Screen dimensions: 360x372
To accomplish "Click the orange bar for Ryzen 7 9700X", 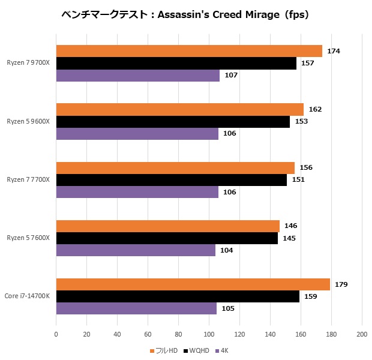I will (189, 51).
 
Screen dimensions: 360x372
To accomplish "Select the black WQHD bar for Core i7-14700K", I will (178, 296).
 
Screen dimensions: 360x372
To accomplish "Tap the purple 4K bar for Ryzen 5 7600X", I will (136, 250).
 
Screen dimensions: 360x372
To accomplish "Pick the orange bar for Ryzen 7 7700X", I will (175, 168).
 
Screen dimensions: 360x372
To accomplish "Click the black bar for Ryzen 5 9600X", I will (173, 121).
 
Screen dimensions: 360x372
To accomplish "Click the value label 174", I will (334, 51).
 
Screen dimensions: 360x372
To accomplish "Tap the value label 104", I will (227, 250).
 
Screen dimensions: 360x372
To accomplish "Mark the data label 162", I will (315, 109).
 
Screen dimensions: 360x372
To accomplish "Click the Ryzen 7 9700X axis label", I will (29, 63).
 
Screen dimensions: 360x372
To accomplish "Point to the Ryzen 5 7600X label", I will (29, 238).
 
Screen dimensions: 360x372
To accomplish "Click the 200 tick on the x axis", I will (361, 334).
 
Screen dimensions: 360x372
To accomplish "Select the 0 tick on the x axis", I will (56, 334).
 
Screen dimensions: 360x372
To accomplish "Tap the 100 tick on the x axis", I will (209, 334).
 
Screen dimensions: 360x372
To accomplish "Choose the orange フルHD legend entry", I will (165, 350).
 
